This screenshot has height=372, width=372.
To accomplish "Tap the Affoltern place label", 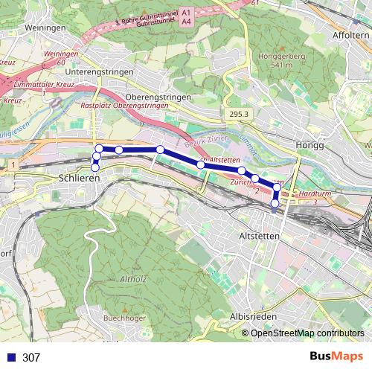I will tap(350, 35).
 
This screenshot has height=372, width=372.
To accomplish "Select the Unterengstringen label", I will tap(99, 72).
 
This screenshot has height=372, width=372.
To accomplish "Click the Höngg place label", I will tap(310, 145).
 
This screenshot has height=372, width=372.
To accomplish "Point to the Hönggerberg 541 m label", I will tap(276, 60).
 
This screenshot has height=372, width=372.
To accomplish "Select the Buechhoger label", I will tap(124, 318).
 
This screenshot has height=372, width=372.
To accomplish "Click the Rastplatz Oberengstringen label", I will tap(124, 106).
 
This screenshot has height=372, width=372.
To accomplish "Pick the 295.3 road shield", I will tap(237, 114).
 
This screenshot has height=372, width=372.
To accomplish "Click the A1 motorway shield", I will tap(186, 13).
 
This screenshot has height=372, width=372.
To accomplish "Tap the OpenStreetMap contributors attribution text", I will tap(307, 333).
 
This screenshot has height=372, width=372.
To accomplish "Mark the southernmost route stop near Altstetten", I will tap(275, 203).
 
